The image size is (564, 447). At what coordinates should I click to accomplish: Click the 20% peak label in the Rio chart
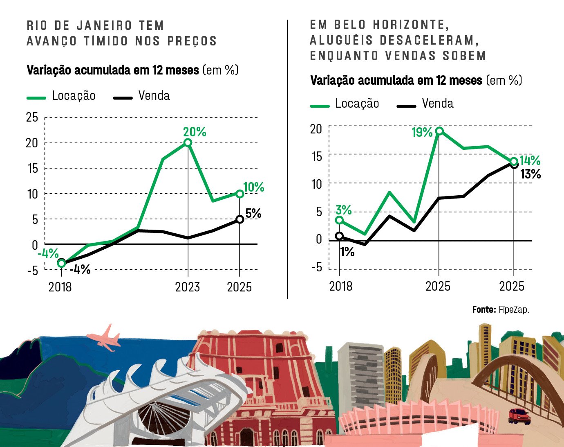pos(195,132)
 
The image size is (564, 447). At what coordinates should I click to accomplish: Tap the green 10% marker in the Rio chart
pos(240,194)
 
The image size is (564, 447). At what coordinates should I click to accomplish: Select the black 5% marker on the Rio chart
pos(240,219)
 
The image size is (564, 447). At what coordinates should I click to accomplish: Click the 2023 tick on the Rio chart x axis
pos(188,287)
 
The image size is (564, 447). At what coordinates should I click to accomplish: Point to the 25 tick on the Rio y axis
pos(32,117)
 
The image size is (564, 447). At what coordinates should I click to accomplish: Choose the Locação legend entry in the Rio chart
pos(61,96)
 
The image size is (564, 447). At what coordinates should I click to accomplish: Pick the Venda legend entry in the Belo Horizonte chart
pos(425,104)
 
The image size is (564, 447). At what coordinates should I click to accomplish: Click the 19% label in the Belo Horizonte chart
pos(422,132)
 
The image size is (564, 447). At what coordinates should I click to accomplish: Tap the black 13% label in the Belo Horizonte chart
pos(530,174)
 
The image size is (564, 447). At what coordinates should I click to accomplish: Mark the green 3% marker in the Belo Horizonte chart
pos(339,220)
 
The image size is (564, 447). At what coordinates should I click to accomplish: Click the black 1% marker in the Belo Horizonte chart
pos(339,236)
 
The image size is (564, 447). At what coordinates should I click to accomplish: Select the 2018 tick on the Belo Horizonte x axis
pos(340,286)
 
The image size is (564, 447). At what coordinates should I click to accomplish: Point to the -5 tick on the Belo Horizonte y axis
pos(317,268)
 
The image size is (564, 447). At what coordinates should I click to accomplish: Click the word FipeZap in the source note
pos(514,309)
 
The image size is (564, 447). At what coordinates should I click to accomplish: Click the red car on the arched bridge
pos(519,416)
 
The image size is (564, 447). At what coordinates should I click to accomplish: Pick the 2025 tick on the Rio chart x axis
pos(239,287)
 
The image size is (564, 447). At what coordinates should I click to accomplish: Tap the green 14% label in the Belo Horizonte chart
pos(530,160)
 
